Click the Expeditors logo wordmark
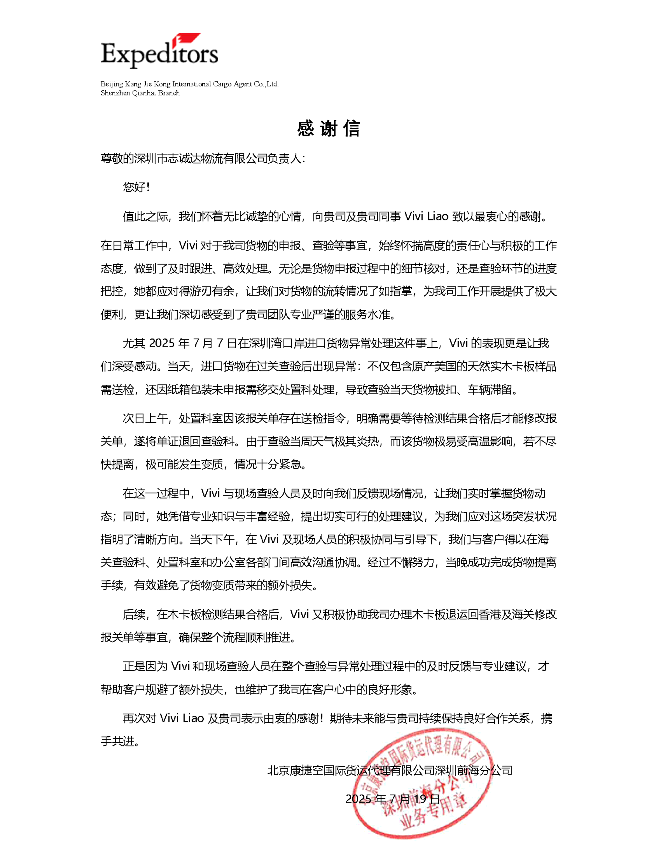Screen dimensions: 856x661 click(159, 54)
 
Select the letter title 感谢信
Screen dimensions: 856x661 click(328, 129)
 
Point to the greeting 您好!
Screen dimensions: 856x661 click(136, 187)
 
